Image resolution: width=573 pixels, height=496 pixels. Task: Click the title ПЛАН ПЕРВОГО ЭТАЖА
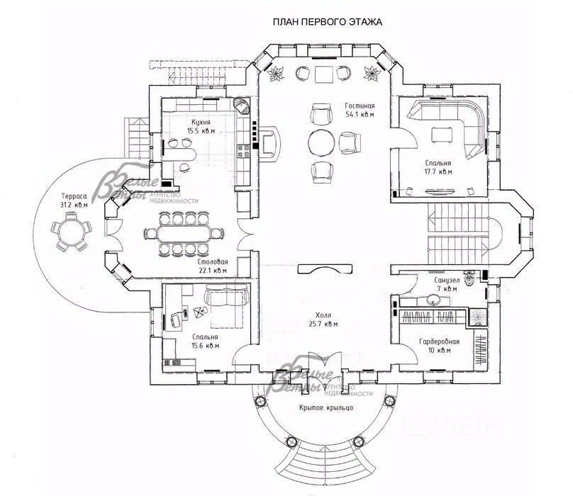pyautogui.click(x=327, y=22)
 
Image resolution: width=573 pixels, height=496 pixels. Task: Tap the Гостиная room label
pyautogui.click(x=360, y=105)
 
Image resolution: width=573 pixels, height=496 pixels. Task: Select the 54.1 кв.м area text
pyautogui.click(x=360, y=113)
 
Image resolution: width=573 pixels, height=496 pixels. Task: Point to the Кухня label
pyautogui.click(x=201, y=122)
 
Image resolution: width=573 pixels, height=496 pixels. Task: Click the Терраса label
pyautogui.click(x=73, y=196)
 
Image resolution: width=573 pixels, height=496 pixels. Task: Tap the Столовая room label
pyautogui.click(x=212, y=261)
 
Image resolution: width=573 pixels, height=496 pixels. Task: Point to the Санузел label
pyautogui.click(x=447, y=280)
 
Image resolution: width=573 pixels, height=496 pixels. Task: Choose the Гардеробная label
pyautogui.click(x=440, y=341)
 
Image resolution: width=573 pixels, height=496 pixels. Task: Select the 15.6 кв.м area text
pyautogui.click(x=205, y=346)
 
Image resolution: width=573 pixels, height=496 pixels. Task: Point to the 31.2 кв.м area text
pyautogui.click(x=73, y=205)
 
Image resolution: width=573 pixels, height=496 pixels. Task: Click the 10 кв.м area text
pyautogui.click(x=440, y=349)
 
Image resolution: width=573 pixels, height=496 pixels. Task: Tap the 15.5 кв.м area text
pyautogui.click(x=201, y=131)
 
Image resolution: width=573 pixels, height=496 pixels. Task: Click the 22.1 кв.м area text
pyautogui.click(x=212, y=270)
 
